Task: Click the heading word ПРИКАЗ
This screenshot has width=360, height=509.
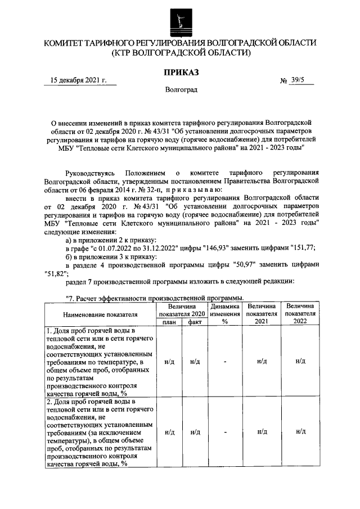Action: click(181, 71)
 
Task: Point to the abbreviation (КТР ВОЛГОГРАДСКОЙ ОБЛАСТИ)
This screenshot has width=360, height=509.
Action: click(181, 53)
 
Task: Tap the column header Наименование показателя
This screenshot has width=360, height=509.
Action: click(100, 314)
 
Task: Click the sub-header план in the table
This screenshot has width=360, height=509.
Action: click(169, 322)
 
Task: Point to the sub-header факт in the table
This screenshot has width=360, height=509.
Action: click(195, 322)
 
